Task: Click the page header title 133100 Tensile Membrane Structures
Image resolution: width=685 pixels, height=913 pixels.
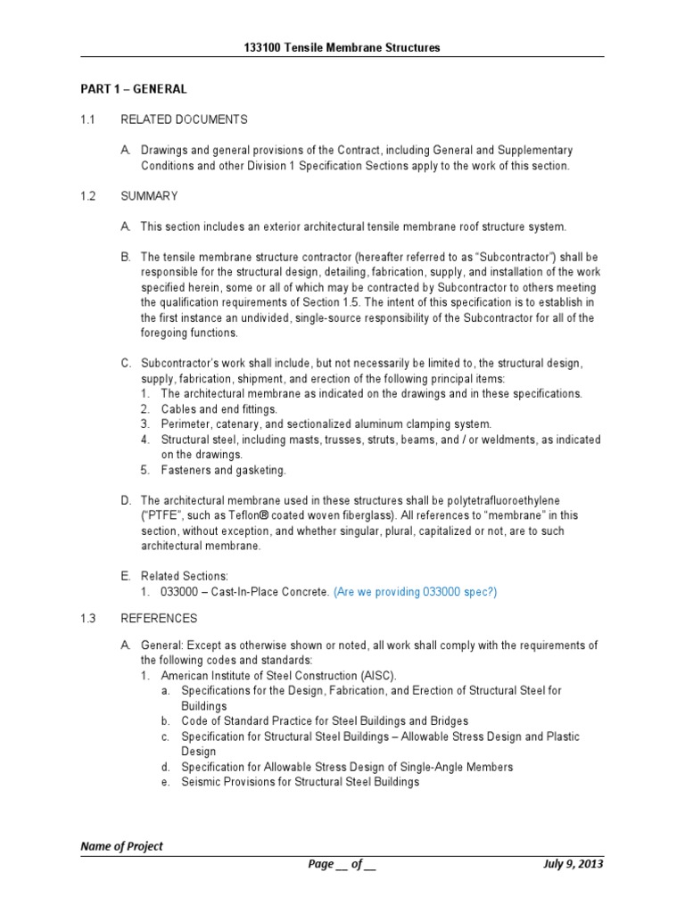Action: pyautogui.click(x=342, y=47)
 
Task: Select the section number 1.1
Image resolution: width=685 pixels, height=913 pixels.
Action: pyautogui.click(x=87, y=119)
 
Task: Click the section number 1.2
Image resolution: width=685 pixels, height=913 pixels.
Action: pyautogui.click(x=87, y=195)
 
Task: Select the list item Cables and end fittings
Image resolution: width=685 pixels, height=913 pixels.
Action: pyautogui.click(x=213, y=408)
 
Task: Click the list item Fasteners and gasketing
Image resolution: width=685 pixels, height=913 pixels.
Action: pyautogui.click(x=223, y=470)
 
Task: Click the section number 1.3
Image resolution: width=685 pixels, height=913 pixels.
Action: pyautogui.click(x=87, y=618)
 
